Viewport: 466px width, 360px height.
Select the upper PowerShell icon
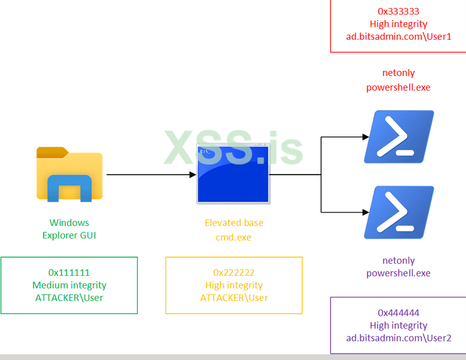[399, 137]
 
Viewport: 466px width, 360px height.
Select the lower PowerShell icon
[399, 212]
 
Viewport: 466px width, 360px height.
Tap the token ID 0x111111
[69, 273]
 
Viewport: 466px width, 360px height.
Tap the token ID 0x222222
[234, 273]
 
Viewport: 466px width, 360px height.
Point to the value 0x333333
[398, 11]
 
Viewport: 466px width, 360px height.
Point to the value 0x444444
[398, 313]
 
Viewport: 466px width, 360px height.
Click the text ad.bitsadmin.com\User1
[398, 37]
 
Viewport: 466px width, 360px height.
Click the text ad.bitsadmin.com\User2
[398, 338]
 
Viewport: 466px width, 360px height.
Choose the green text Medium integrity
[69, 285]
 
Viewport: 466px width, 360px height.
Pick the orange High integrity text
[234, 285]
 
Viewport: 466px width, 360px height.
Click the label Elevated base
[234, 223]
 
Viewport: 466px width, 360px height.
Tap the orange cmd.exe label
[234, 237]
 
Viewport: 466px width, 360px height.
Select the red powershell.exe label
[398, 87]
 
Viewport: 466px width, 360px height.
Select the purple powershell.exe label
[398, 273]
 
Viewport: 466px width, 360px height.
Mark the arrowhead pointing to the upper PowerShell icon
[365, 136]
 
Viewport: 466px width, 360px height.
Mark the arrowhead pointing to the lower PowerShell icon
[365, 212]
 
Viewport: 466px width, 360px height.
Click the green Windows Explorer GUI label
[70, 229]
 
